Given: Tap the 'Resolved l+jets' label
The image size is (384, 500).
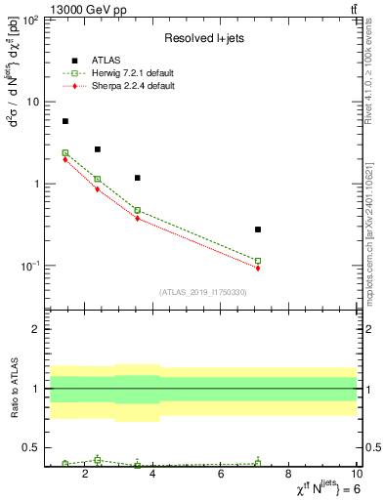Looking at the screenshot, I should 201,38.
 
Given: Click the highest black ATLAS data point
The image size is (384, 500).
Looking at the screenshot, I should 65,121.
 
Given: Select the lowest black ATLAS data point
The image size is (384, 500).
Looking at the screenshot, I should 258,229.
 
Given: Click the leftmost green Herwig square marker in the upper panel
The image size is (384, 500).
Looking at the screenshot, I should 65,152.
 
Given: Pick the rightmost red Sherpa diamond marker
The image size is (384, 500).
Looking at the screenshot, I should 258,268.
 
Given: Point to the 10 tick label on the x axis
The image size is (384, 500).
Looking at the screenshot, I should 357,476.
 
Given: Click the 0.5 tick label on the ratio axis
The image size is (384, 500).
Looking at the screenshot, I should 33,448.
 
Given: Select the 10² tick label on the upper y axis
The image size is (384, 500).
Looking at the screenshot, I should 29,20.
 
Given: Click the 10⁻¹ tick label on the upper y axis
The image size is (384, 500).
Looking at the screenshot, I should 29,266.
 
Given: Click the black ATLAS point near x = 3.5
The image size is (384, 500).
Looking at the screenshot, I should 138,178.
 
